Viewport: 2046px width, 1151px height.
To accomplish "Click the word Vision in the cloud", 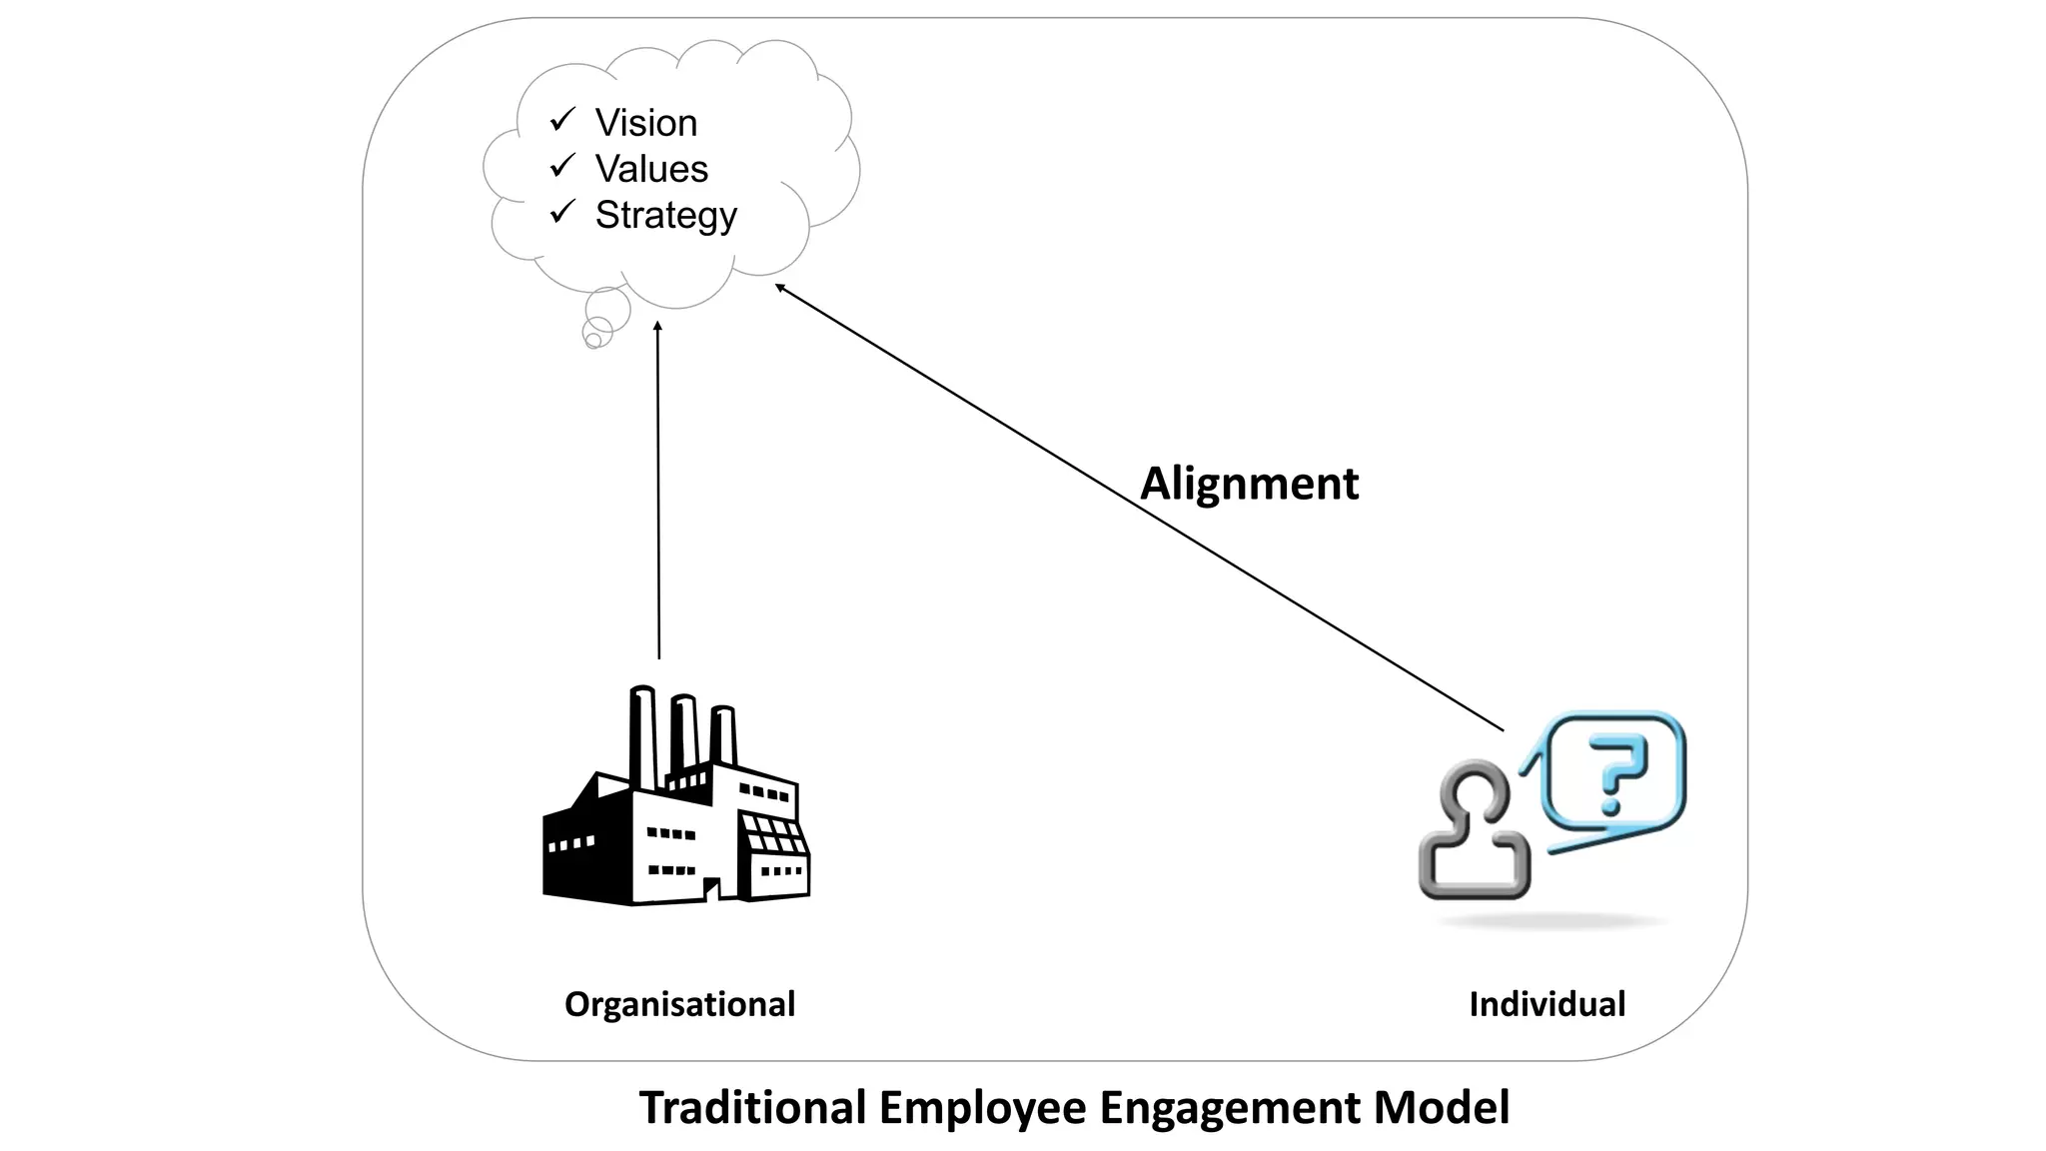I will [x=646, y=123].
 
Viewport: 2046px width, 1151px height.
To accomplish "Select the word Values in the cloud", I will [x=651, y=169].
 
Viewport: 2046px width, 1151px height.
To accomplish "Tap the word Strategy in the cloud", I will [x=665, y=215].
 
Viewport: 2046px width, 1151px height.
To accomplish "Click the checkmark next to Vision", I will [x=562, y=120].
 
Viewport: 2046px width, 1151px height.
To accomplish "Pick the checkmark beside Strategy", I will [x=562, y=211].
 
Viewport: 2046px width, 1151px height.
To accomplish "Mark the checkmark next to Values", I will [x=562, y=165].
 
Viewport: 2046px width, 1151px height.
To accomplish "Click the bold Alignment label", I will [x=1249, y=484].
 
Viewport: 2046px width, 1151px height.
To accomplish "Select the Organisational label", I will [x=679, y=1004].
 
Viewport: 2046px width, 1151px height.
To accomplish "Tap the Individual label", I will [x=1546, y=1004].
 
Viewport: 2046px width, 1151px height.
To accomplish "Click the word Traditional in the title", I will [x=752, y=1108].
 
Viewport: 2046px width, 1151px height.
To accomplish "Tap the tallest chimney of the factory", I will [x=642, y=734].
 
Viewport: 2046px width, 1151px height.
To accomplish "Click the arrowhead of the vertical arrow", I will [x=657, y=327].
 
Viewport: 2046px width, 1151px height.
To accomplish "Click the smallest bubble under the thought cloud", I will [x=592, y=341].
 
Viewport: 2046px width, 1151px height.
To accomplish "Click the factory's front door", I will [x=711, y=889].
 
